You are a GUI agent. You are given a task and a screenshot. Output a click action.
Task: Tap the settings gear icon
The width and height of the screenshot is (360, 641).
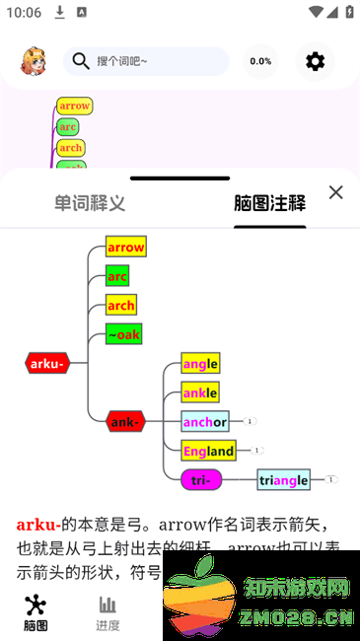click(315, 61)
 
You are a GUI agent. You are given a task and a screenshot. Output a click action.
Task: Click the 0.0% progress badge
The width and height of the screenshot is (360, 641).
click(260, 61)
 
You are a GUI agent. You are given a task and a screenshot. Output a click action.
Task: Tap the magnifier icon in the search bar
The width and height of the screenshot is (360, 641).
click(81, 61)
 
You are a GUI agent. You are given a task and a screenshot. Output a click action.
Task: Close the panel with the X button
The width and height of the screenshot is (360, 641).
click(335, 192)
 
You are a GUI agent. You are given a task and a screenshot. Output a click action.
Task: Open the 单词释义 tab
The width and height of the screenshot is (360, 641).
click(90, 204)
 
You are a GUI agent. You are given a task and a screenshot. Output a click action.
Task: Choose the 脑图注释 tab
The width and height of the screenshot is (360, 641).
click(269, 204)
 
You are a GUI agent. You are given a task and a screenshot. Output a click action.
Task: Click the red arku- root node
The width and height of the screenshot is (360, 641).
click(47, 363)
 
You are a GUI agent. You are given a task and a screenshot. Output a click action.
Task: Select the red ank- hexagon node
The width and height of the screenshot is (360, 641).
click(125, 422)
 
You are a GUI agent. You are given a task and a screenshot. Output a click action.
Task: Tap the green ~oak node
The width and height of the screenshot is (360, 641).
click(124, 334)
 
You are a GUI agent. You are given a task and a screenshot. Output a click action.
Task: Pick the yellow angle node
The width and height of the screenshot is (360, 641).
click(199, 363)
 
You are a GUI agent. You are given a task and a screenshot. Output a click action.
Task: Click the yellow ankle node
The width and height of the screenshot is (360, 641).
click(199, 392)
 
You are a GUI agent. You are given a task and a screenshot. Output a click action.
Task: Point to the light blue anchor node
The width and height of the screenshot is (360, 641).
click(204, 422)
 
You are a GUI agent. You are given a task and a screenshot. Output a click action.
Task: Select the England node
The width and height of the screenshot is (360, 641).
click(208, 451)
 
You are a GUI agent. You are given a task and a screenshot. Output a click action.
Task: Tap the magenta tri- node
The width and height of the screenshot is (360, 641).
click(201, 480)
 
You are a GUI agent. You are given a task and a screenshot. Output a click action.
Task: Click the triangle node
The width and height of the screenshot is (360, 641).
click(283, 480)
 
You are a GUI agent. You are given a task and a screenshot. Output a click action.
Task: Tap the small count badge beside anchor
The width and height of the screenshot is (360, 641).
click(251, 421)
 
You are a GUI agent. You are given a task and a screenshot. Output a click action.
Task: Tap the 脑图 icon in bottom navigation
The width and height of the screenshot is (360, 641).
click(36, 612)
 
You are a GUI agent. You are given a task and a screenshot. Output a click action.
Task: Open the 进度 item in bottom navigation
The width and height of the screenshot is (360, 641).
click(108, 612)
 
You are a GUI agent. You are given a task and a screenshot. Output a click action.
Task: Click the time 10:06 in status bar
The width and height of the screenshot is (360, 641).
click(23, 12)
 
